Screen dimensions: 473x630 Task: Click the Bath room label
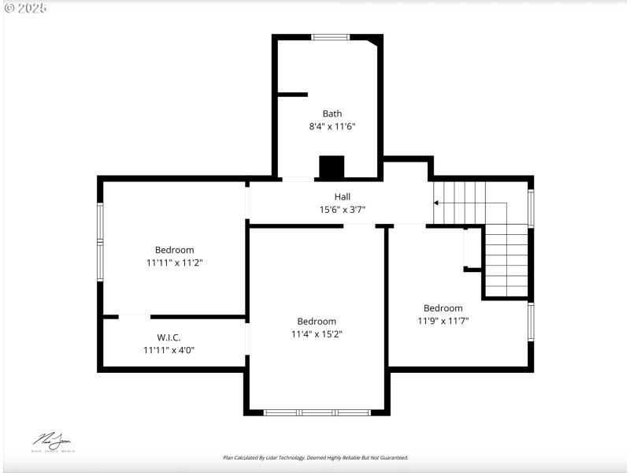pyautogui.click(x=332, y=114)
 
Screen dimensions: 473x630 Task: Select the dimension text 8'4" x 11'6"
pyautogui.click(x=332, y=126)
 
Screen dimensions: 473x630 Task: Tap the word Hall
pyautogui.click(x=342, y=197)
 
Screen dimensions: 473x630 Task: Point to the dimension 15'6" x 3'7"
pyautogui.click(x=342, y=210)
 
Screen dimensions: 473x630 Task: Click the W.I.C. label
pyautogui.click(x=169, y=337)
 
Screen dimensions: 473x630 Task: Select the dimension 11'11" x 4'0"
pyautogui.click(x=169, y=350)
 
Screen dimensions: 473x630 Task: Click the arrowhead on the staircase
pyautogui.click(x=436, y=203)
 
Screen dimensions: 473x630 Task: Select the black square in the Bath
pyautogui.click(x=332, y=167)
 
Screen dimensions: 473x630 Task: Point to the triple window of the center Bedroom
pyautogui.click(x=317, y=412)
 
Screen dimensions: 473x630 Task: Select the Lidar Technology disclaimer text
pyautogui.click(x=315, y=457)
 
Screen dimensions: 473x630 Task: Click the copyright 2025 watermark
pyautogui.click(x=25, y=8)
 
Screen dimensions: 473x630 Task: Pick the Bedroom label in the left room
pyautogui.click(x=174, y=250)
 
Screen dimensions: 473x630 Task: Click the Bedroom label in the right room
pyautogui.click(x=443, y=308)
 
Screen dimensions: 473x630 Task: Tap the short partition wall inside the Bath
pyautogui.click(x=291, y=95)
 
